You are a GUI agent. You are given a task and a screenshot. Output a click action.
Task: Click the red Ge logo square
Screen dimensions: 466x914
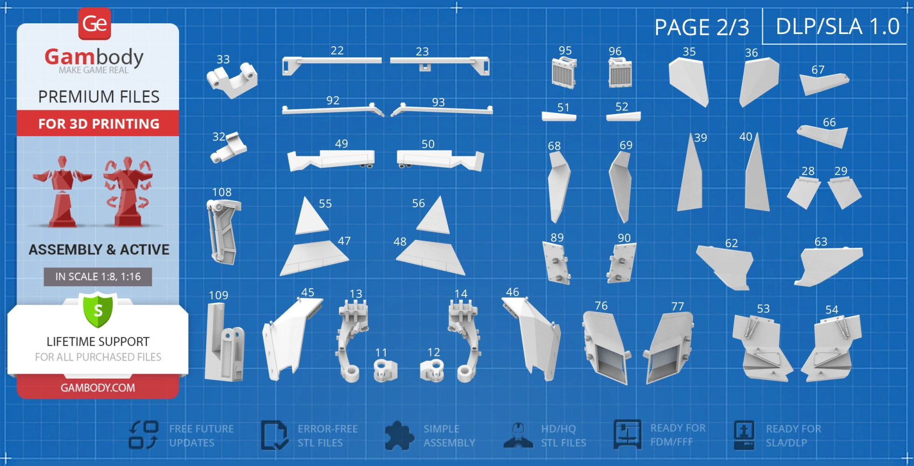point(95,24)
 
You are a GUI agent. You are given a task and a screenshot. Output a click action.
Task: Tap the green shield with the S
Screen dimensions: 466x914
point(98,310)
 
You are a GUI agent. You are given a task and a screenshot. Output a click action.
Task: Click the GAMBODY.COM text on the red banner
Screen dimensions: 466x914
point(98,388)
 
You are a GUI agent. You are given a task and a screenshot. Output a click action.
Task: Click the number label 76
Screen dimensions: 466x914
point(601,306)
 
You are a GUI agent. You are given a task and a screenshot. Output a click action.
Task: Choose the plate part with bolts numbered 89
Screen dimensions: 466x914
point(557,263)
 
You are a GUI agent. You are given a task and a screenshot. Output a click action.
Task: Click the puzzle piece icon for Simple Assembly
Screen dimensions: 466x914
point(399,436)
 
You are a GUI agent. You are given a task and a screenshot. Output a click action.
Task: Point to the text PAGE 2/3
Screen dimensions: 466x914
point(702,27)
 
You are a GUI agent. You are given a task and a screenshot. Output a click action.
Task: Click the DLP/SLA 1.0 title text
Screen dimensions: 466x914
point(838,27)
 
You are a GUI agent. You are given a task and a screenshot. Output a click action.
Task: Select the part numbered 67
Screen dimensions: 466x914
point(823,83)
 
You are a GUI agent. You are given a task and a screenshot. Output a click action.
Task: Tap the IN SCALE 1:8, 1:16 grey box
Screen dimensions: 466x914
point(98,277)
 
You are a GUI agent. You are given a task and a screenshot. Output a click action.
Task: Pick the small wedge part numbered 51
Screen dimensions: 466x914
point(559,116)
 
